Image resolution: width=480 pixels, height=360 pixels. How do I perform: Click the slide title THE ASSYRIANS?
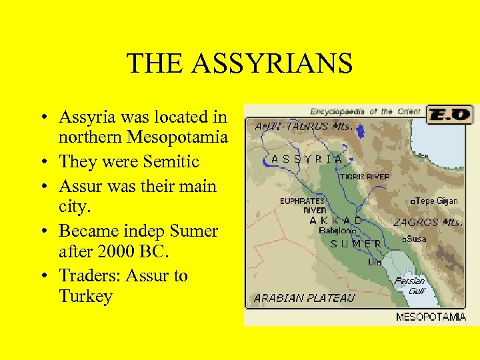(x=239, y=64)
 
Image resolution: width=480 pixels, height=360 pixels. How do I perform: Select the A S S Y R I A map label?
(x=307, y=159)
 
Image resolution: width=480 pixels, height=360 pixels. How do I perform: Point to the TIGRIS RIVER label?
(x=364, y=177)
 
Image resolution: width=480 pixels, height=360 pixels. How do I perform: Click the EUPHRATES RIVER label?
(x=302, y=205)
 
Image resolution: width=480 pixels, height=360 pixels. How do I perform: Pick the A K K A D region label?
(x=336, y=220)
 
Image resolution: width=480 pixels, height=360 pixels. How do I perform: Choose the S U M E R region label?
(x=356, y=244)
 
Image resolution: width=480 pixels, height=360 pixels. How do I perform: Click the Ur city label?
(x=375, y=262)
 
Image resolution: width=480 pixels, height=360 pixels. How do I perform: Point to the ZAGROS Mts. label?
(x=427, y=223)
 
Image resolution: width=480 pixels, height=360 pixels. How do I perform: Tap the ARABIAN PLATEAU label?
(x=304, y=297)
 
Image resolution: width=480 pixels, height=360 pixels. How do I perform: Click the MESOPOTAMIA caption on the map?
(x=431, y=317)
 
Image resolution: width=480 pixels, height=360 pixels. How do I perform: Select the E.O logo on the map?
(x=449, y=114)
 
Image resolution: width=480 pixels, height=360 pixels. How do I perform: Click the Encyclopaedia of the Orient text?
(x=365, y=111)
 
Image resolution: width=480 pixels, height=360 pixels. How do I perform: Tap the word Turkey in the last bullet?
(x=85, y=296)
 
